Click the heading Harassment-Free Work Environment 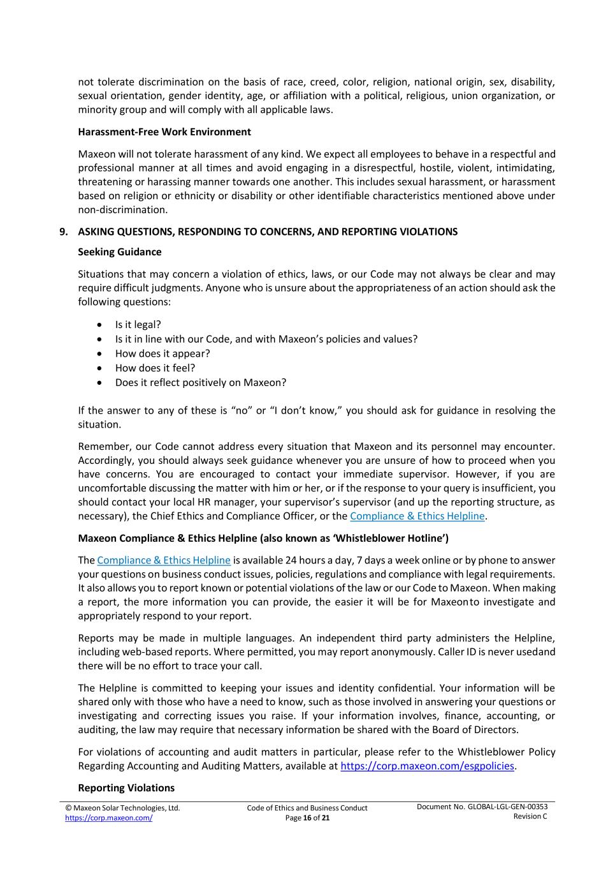[164, 132]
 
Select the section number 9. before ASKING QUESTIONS [64, 232]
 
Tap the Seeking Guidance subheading [120, 252]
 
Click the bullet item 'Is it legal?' [138, 325]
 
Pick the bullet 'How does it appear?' [162, 354]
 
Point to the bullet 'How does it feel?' [155, 368]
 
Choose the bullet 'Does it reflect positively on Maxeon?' [200, 383]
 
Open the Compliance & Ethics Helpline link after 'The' [164, 560]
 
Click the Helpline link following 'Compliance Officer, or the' [417, 516]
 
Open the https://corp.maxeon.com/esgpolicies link [427, 766]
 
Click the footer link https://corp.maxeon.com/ [108, 818]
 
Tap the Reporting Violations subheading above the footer [126, 788]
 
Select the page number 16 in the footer [307, 818]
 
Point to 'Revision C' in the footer [530, 817]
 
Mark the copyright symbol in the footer [68, 808]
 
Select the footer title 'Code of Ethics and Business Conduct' [307, 808]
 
